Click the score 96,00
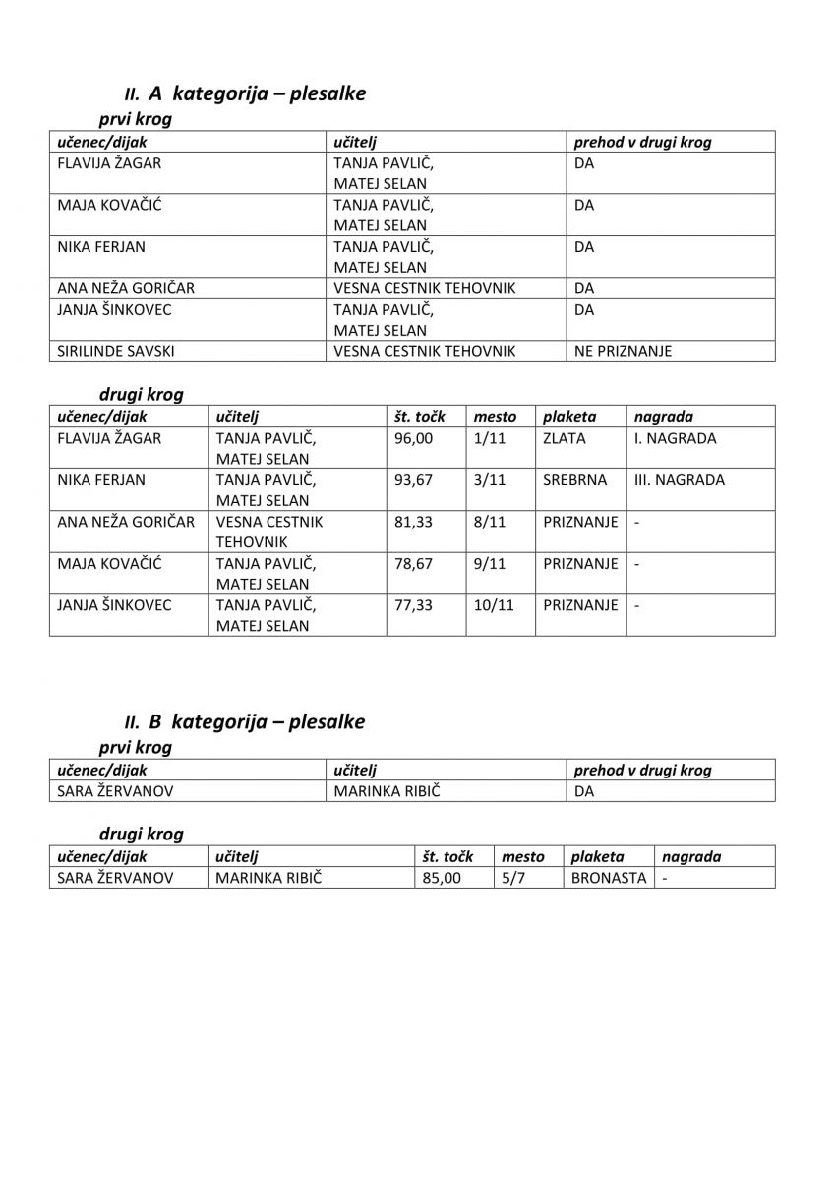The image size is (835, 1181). point(413,439)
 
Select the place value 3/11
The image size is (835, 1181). point(489,480)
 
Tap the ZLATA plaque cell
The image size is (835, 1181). point(564,439)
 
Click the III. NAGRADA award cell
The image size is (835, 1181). point(680,480)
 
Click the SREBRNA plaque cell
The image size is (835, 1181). point(569,480)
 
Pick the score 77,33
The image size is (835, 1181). point(413,605)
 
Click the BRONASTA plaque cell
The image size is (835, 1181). point(608,878)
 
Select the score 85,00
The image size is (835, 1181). point(441,878)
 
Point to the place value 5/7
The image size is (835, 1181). point(513,878)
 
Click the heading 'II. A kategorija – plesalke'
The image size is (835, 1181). point(245,94)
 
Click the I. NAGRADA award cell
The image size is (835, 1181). point(676,439)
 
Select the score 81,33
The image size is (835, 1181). point(413,522)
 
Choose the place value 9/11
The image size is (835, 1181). point(489,564)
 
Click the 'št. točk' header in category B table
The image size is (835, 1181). point(447,857)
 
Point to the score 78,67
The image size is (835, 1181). point(413,564)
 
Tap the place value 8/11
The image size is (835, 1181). point(489,522)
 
